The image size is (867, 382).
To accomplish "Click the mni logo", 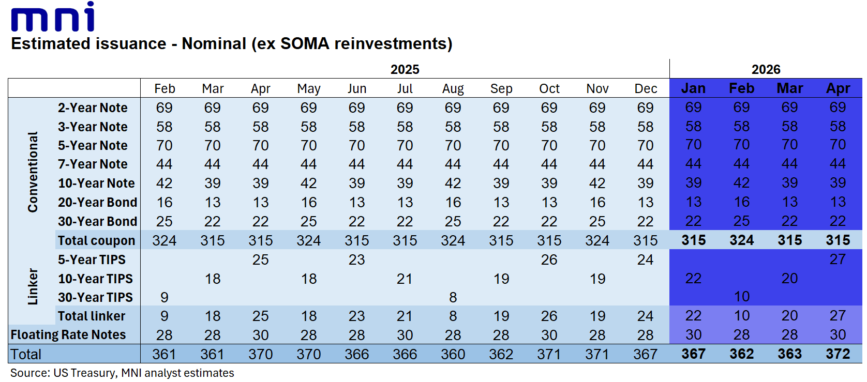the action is [x=53, y=17].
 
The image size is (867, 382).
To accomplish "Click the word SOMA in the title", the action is [x=305, y=44].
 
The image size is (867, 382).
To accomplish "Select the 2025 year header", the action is [x=405, y=70].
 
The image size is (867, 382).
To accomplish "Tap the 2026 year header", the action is [x=766, y=70].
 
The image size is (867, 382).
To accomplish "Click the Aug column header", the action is [x=453, y=89].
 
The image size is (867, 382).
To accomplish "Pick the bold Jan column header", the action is [x=693, y=88].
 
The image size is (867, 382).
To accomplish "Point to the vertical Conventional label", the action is [x=33, y=172].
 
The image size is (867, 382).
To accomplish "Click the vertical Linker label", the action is [x=33, y=286].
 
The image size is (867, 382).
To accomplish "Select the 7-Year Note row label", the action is [x=93, y=164].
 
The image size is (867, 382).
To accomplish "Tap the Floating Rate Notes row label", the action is [x=68, y=335].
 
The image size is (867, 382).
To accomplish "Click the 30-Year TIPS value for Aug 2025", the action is [x=453, y=297].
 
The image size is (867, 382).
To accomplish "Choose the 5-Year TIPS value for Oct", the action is [x=549, y=260].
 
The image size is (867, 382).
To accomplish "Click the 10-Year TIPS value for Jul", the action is [x=405, y=279].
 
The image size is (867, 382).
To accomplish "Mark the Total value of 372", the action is [x=838, y=354].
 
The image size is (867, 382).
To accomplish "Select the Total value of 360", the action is [x=453, y=354].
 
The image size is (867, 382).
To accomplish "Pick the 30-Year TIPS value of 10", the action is [x=742, y=297].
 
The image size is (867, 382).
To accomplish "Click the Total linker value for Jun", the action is [x=356, y=316].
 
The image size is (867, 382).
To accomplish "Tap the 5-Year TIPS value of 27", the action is [x=838, y=259].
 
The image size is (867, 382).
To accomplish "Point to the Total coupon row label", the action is [x=96, y=240].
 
